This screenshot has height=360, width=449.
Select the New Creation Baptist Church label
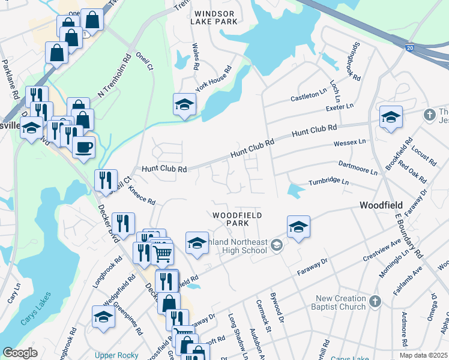coord(340,302)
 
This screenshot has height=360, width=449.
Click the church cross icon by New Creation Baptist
coord(375,301)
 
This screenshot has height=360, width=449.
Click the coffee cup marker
coord(84,146)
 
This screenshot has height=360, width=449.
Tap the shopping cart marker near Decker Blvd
coord(162,254)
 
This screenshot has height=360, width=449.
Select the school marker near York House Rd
coord(184,105)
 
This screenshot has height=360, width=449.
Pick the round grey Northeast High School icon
coord(276,244)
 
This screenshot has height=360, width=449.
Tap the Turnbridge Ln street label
coord(328,181)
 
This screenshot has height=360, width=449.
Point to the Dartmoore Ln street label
coord(358,167)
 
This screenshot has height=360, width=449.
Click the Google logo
coord(20,353)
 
